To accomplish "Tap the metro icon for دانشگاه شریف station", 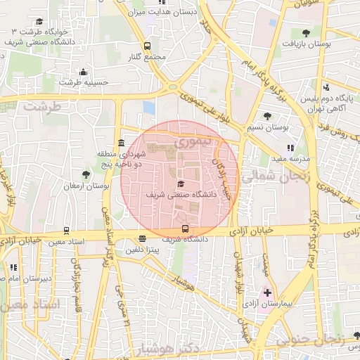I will [x=185, y=229].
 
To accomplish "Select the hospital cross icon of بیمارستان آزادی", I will [x=267, y=292].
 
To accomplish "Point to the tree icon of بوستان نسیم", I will [x=266, y=116].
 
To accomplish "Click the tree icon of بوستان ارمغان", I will [x=86, y=174].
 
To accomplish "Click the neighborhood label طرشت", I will [x=43, y=106].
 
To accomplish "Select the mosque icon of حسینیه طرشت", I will [x=84, y=71].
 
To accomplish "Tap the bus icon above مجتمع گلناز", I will [x=147, y=46].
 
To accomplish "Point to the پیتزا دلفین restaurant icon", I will [x=143, y=239].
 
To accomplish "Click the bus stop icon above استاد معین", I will [x=66, y=230].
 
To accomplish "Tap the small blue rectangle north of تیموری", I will [x=148, y=107].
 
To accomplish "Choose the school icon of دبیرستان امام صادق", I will [x=14, y=267].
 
